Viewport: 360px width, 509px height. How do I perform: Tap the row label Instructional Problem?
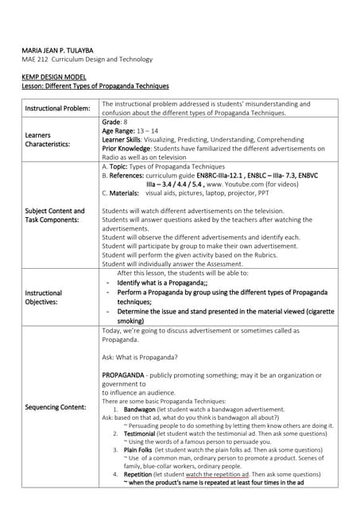pyautogui.click(x=57, y=108)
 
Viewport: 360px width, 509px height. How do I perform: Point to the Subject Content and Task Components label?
pyautogui.click(x=54, y=215)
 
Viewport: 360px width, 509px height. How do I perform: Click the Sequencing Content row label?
pyautogui.click(x=55, y=406)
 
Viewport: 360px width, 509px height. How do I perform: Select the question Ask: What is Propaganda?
pyautogui.click(x=140, y=356)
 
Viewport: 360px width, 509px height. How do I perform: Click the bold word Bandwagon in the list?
pyautogui.click(x=140, y=409)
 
